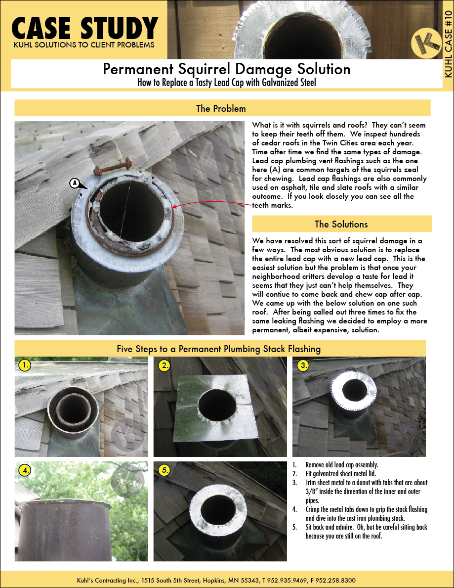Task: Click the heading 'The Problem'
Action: [x=221, y=109]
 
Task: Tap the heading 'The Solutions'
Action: [x=341, y=224]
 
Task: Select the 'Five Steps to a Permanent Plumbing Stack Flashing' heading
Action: [x=219, y=349]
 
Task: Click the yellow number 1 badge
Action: [x=25, y=365]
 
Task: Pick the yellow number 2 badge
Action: [x=164, y=365]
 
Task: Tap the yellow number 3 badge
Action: [x=303, y=365]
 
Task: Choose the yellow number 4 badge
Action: [x=25, y=470]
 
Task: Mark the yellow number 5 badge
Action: [x=164, y=470]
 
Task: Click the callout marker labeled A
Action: [x=75, y=183]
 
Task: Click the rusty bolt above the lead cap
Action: [x=113, y=167]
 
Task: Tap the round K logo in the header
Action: [x=426, y=44]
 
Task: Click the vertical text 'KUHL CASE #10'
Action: [x=448, y=44]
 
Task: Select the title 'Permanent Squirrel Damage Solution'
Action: [x=227, y=69]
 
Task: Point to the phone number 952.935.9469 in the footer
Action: [x=283, y=580]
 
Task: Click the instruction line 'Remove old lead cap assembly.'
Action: [x=342, y=465]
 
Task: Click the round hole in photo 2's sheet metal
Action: [x=218, y=407]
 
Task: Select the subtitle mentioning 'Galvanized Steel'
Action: [x=227, y=82]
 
